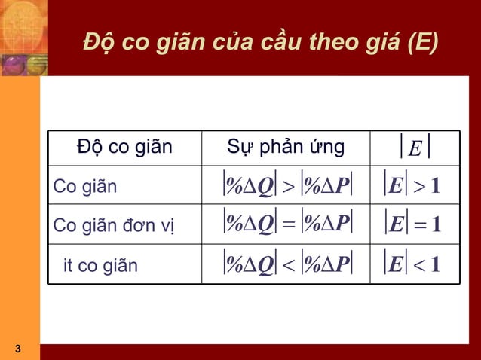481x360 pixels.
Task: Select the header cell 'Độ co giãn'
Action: [x=124, y=147]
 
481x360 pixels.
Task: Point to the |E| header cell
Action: [x=413, y=147]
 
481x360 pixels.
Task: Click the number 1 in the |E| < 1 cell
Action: [x=435, y=265]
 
